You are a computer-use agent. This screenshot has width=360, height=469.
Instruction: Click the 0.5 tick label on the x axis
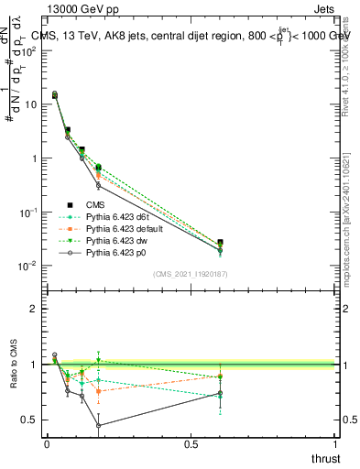(191, 444)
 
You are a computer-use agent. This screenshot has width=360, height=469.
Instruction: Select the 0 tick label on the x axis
(47, 444)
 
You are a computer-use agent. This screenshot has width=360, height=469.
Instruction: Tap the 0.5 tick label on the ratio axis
(28, 420)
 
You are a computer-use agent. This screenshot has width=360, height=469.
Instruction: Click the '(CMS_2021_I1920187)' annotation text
(191, 274)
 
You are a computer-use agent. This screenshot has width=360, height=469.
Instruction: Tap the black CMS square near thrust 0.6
(220, 243)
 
